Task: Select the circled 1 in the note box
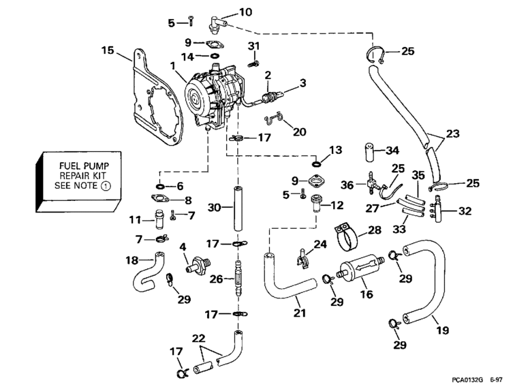pos(105,185)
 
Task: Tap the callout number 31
pos(253,46)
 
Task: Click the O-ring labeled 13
pos(318,163)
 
